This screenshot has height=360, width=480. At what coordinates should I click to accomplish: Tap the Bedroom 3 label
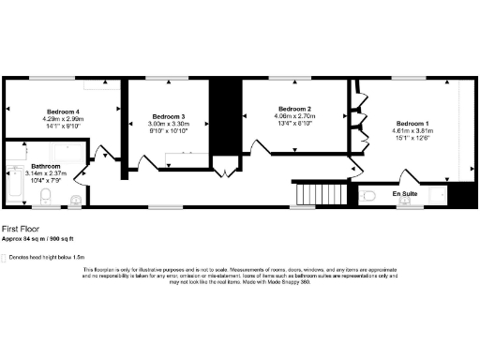[170, 116]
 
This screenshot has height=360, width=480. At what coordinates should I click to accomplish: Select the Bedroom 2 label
[294, 109]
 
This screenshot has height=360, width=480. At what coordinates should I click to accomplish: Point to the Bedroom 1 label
[412, 124]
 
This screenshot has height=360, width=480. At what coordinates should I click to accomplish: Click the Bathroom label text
[46, 165]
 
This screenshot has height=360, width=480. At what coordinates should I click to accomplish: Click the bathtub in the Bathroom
[14, 184]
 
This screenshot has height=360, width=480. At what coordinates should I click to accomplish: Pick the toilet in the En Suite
[369, 195]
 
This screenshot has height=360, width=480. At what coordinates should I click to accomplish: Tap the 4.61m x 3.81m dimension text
[412, 131]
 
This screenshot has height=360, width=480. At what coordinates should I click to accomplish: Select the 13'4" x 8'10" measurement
[294, 124]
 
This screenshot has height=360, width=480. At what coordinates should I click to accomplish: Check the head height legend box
[5, 256]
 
